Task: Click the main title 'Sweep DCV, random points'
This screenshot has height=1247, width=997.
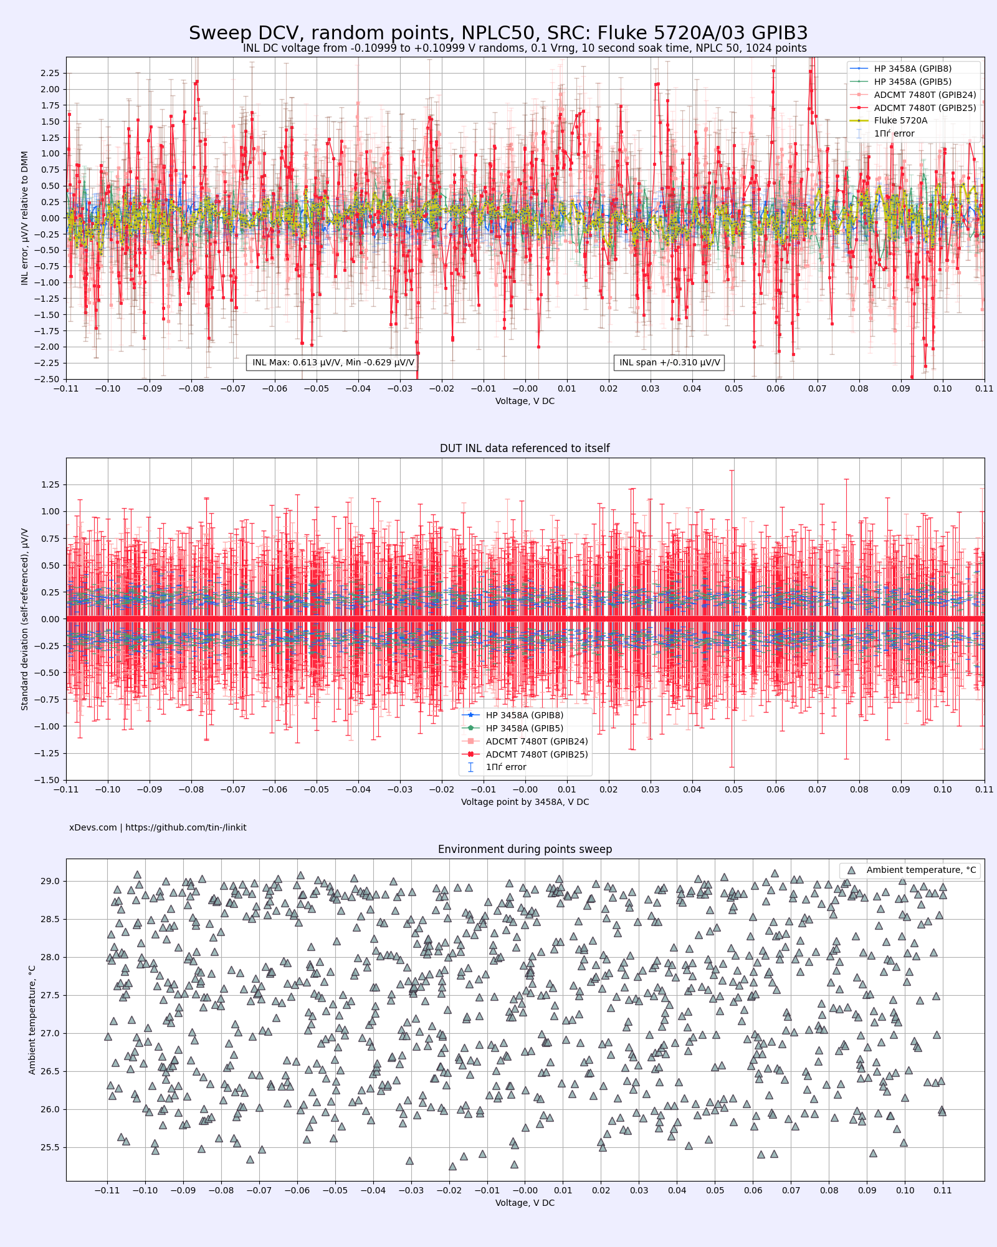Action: [x=498, y=33]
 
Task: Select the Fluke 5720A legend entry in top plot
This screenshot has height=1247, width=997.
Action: [x=900, y=120]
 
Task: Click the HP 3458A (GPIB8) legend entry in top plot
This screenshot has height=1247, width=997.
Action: [x=912, y=69]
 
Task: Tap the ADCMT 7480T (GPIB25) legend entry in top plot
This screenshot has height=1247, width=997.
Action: [x=925, y=108]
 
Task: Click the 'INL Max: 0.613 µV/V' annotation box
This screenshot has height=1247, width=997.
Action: [x=333, y=362]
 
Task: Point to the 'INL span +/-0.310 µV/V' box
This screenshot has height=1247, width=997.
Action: [x=669, y=362]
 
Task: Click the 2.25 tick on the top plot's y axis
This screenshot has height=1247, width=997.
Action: [x=50, y=73]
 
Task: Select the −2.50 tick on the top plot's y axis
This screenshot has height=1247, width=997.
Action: [x=49, y=379]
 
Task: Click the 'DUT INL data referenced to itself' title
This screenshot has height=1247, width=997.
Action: [x=525, y=448]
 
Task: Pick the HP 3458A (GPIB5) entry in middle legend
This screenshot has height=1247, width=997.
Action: [x=524, y=728]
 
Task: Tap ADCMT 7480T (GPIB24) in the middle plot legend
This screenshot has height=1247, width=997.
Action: [x=537, y=741]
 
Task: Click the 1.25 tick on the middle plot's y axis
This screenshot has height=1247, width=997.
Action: [x=50, y=484]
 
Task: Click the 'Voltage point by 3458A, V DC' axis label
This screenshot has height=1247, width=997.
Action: [x=525, y=802]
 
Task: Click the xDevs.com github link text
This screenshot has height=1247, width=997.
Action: [x=158, y=827]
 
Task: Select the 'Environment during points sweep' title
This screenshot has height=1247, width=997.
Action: [x=525, y=849]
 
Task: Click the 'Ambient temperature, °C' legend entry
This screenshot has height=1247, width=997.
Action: [x=920, y=870]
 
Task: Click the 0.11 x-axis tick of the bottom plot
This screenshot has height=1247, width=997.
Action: [x=943, y=1190]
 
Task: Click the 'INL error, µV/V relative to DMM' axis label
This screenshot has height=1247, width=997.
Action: [x=25, y=218]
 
